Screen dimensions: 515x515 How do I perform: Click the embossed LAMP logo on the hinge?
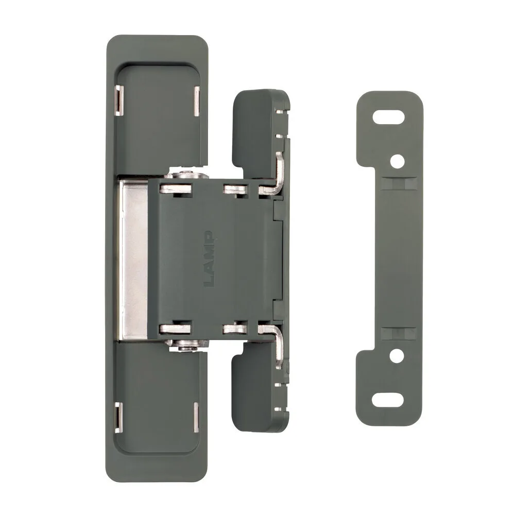coord(209,259)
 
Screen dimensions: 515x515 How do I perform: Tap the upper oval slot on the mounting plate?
coord(388,117)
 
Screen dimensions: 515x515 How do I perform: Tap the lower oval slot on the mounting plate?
coord(388,400)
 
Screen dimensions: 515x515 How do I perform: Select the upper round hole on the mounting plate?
coord(398,161)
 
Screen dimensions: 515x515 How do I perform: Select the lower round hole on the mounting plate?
coord(397,356)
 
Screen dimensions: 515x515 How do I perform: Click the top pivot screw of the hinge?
coord(187,175)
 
